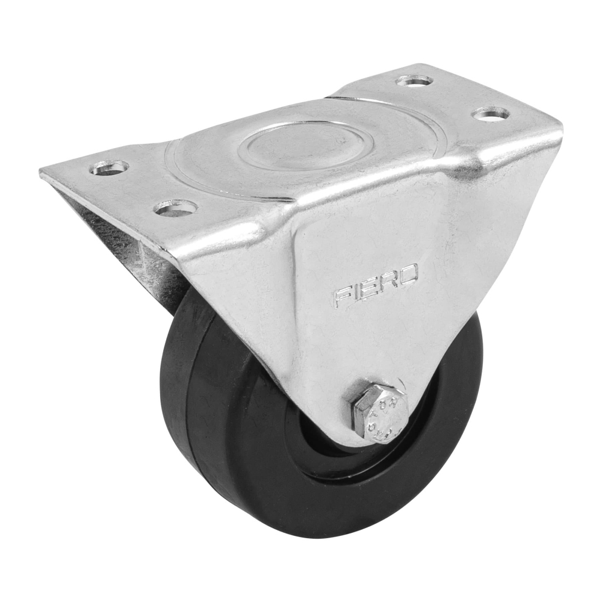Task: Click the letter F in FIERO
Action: (x=344, y=297)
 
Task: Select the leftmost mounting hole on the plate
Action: (x=110, y=167)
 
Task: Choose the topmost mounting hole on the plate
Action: (x=415, y=80)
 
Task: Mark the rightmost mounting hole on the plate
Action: (x=491, y=113)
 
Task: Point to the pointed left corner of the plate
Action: (x=42, y=173)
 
